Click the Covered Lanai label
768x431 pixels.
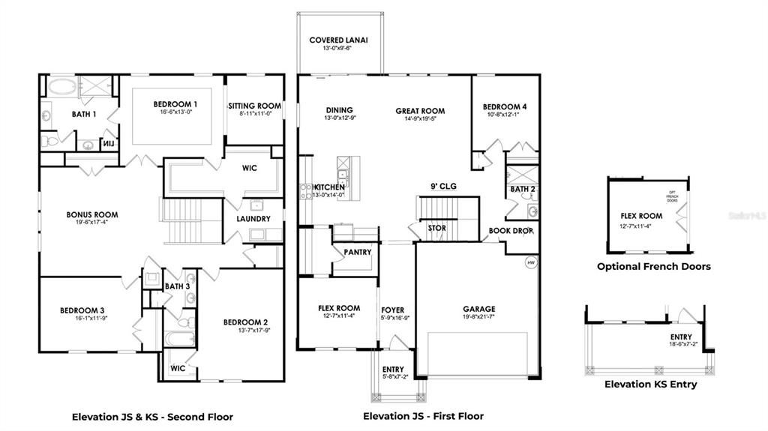[339, 40]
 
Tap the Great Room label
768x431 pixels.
[420, 110]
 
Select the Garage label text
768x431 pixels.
[478, 309]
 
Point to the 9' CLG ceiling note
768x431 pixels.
[443, 186]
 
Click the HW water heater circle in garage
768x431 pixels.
[531, 263]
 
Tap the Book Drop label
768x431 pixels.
[510, 231]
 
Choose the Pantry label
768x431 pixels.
[357, 253]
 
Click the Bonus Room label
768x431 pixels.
[91, 214]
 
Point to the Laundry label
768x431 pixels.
[253, 219]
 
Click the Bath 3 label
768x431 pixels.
[177, 286]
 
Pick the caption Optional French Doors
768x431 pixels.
[653, 266]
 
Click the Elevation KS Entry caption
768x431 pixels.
[650, 385]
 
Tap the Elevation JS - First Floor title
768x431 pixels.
[423, 416]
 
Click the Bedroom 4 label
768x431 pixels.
[504, 107]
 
